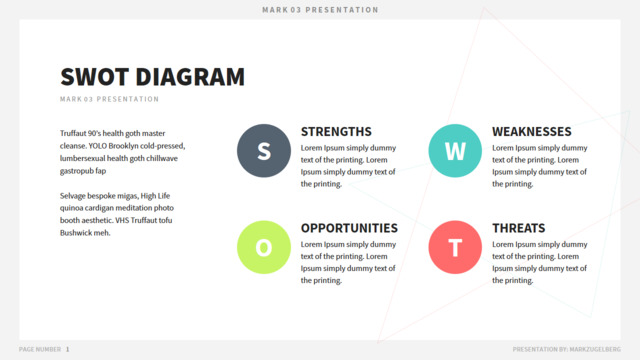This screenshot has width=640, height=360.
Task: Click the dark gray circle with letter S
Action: click(x=264, y=151)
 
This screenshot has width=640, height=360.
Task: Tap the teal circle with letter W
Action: click(x=455, y=151)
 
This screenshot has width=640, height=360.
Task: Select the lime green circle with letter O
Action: click(x=264, y=247)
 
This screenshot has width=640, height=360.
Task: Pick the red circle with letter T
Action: click(x=455, y=247)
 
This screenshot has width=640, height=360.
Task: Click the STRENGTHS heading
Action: click(x=336, y=132)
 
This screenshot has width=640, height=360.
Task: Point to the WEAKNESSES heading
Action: click(x=532, y=132)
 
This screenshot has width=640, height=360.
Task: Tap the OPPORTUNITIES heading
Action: click(x=349, y=228)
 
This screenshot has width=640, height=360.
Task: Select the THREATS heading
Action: click(x=519, y=228)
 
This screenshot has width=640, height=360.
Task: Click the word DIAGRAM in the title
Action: click(x=190, y=77)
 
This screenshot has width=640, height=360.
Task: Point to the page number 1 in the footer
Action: click(x=67, y=349)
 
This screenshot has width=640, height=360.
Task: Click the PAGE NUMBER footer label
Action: click(x=40, y=349)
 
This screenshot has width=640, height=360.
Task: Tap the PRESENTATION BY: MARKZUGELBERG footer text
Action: click(x=567, y=349)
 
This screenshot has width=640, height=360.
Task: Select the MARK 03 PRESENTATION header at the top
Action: click(x=320, y=10)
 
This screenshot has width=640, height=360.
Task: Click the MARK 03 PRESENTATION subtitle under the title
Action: click(x=109, y=99)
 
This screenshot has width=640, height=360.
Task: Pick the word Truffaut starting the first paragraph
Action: click(x=73, y=133)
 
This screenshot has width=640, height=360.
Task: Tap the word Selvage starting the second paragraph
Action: click(x=73, y=196)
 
